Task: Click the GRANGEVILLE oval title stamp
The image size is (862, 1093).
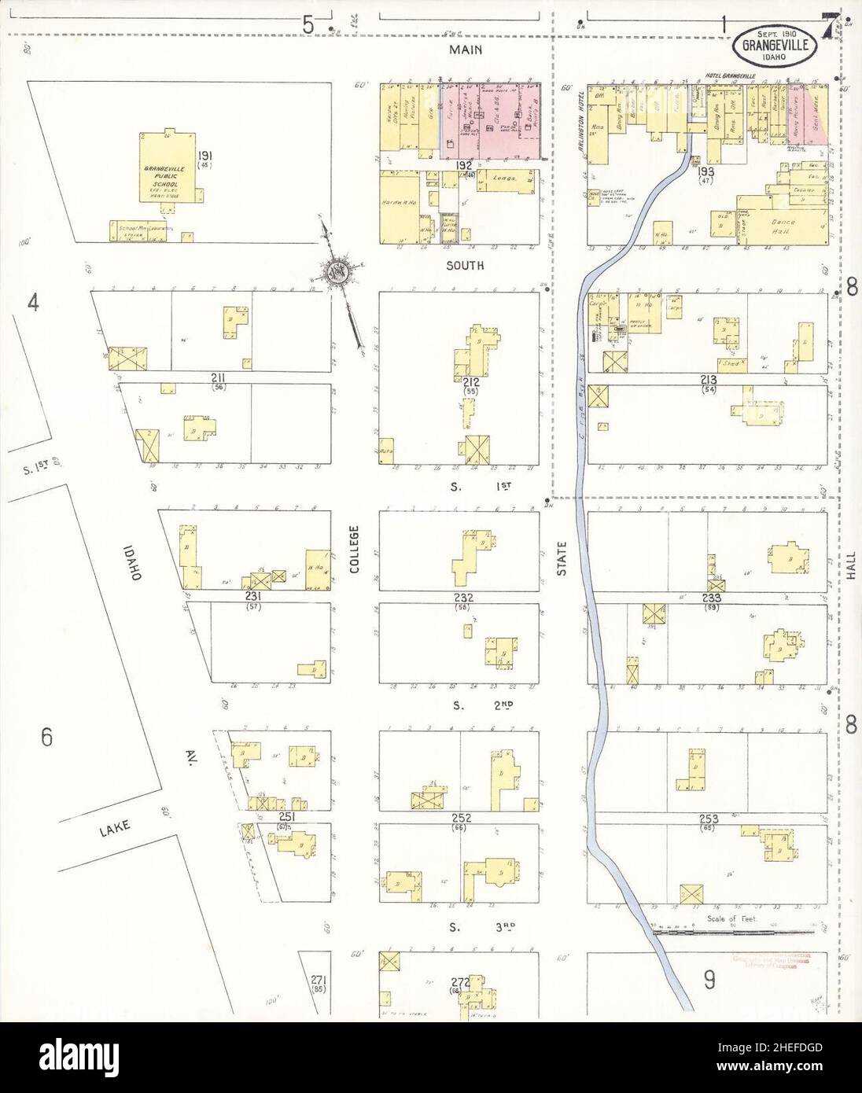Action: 775,46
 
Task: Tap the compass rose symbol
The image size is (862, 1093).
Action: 337,273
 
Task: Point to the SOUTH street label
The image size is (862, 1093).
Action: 465,267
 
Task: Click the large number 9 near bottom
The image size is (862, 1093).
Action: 709,980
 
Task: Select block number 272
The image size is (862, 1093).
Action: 459,983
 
